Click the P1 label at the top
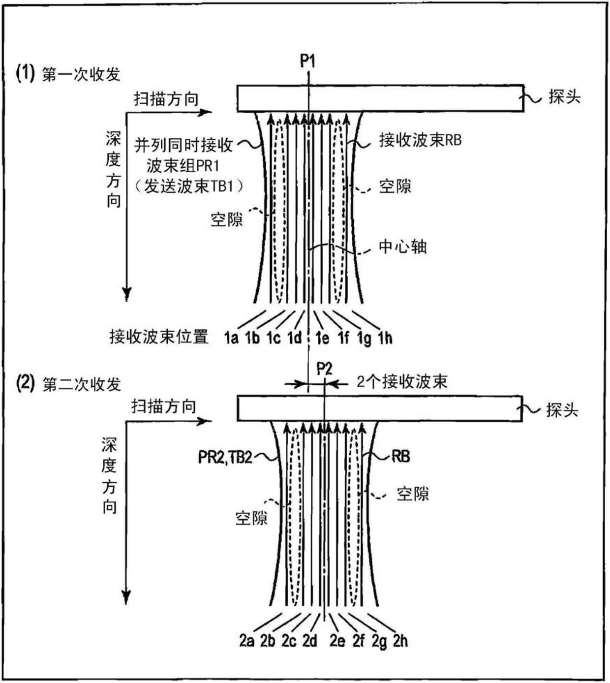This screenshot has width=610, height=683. coord(307,61)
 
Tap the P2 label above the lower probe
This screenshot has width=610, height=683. coord(324,369)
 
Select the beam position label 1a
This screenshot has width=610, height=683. coord(231,338)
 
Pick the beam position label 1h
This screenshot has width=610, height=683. coord(385,338)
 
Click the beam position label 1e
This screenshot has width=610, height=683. coord(322,338)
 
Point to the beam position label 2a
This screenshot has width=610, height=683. coord(246,641)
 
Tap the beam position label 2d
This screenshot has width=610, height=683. coord(309,641)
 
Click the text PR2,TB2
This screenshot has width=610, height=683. coord(225,457)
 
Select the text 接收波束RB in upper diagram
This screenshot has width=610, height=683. coord(420,140)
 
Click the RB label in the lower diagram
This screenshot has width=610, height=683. coord(400,457)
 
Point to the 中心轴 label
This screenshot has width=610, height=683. coord(402,247)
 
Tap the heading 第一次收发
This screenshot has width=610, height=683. coord(81,75)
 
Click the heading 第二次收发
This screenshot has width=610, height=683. coord(82,384)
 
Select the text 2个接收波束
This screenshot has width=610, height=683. coord(402,382)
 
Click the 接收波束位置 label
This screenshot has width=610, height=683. coord(159,337)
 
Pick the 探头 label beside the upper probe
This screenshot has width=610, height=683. coord(565,97)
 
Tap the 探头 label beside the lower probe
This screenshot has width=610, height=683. coord(562,410)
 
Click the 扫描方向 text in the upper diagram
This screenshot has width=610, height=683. coord(166,99)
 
